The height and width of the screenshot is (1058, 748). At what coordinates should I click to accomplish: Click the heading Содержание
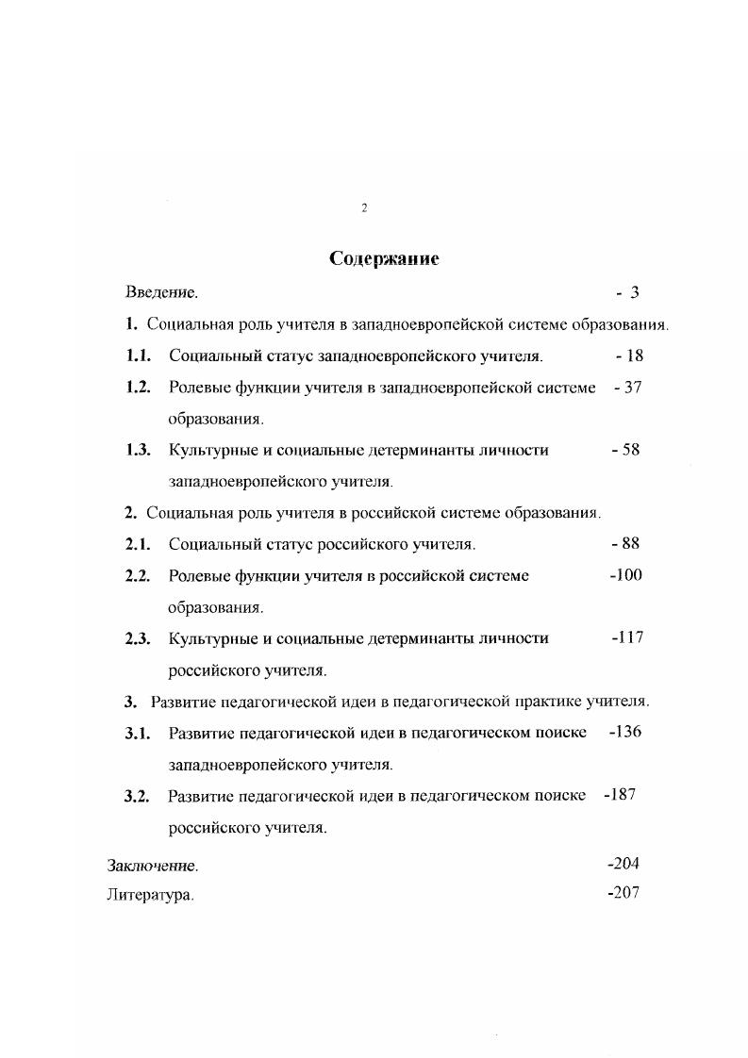[384, 258]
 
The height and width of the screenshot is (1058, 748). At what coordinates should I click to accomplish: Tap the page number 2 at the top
[364, 207]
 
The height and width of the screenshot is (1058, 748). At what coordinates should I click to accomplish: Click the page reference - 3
[628, 293]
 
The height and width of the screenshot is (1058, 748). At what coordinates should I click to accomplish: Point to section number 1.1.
[139, 356]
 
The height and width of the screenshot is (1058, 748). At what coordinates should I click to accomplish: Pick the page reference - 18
[628, 356]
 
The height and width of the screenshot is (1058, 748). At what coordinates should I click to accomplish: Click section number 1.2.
[139, 388]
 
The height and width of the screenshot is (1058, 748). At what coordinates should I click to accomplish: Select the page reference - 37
[626, 388]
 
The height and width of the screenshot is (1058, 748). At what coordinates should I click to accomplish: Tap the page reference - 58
[625, 450]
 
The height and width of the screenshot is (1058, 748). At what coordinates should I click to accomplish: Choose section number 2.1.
[139, 544]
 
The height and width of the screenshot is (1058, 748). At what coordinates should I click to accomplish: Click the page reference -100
[625, 575]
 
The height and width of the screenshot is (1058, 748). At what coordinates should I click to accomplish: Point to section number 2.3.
[139, 638]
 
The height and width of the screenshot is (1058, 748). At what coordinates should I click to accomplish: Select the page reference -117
[626, 638]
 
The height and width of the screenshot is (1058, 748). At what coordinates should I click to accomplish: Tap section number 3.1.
[139, 733]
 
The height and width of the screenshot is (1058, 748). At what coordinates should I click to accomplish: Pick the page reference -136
[625, 732]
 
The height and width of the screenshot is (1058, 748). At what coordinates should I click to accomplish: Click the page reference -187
[620, 795]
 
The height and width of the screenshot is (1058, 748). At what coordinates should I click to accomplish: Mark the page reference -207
[624, 893]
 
